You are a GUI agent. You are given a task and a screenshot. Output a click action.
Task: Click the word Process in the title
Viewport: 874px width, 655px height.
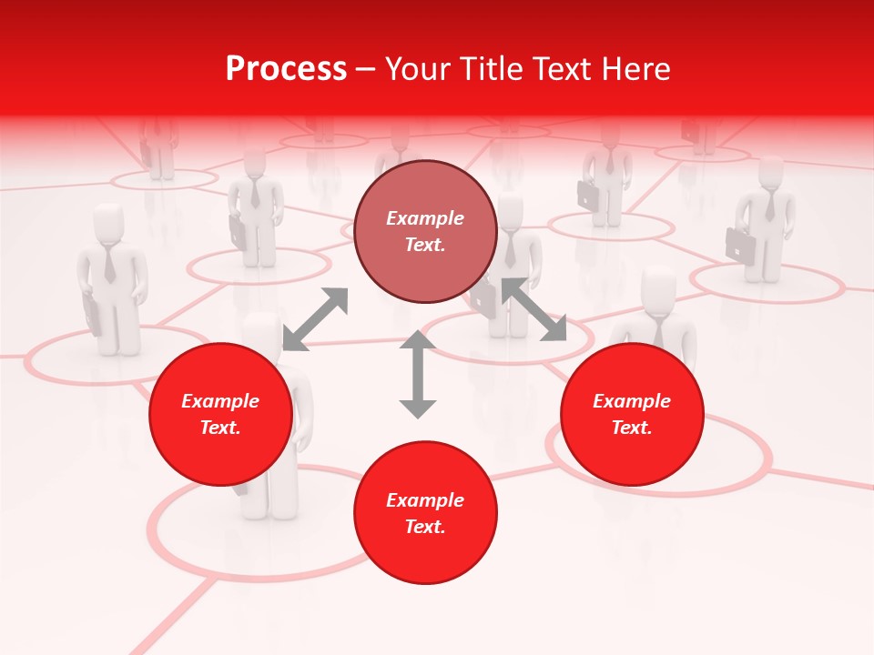[286, 69]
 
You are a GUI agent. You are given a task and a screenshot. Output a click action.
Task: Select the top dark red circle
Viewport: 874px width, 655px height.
[424, 231]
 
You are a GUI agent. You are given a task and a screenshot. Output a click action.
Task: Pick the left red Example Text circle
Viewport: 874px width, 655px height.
[220, 414]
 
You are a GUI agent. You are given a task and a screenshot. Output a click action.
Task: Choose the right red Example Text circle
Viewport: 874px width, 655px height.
[632, 414]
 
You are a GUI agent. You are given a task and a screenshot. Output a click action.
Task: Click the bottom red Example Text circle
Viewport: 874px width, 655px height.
[424, 513]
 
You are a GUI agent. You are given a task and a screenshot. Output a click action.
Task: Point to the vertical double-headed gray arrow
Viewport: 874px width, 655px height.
[418, 374]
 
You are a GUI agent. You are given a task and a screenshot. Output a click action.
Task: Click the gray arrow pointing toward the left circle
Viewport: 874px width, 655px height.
[315, 318]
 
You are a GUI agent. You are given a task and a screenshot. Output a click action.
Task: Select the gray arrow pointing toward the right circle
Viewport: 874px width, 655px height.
[534, 309]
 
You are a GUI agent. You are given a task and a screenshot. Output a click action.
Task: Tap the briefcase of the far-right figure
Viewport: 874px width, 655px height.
[740, 245]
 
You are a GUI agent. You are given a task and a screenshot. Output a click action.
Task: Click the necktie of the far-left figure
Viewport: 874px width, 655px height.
[110, 264]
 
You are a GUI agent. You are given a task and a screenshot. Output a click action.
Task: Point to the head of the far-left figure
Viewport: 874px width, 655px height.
[109, 223]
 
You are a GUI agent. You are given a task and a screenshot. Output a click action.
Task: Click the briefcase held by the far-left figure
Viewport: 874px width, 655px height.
[92, 314]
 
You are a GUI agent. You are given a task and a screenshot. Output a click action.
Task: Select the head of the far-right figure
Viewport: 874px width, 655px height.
[770, 173]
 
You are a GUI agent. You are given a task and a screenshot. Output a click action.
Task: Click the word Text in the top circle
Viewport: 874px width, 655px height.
[424, 245]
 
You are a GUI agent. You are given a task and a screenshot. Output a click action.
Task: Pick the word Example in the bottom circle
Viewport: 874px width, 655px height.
[424, 500]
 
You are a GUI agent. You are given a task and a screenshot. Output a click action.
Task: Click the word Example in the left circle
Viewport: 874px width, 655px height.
[220, 401]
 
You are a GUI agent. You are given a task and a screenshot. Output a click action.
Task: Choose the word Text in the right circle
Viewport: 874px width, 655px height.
[632, 428]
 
